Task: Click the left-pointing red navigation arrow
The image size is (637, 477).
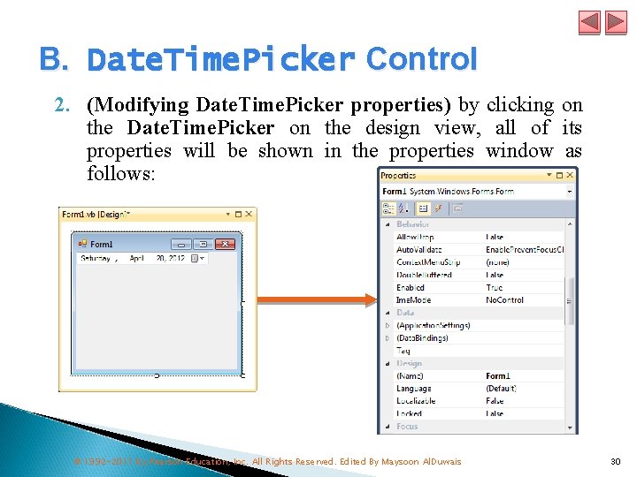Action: tap(590, 22)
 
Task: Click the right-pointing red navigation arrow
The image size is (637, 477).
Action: tap(614, 22)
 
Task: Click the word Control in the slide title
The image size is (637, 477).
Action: tap(421, 59)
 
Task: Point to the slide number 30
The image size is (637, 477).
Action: tap(616, 461)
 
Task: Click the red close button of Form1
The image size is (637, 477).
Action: tap(226, 244)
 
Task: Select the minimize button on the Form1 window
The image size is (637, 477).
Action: tap(181, 244)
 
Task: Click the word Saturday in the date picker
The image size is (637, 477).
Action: tap(96, 259)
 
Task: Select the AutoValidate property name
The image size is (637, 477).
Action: tap(418, 250)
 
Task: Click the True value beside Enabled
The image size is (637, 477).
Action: tap(495, 287)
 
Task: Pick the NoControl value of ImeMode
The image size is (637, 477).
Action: tap(504, 300)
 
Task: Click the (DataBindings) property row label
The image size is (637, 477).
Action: tap(422, 338)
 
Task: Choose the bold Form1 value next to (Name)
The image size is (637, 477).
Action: tap(498, 376)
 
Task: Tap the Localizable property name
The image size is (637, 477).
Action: tap(417, 401)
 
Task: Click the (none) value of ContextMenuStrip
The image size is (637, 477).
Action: tap(496, 262)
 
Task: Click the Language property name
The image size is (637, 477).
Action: tap(414, 389)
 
